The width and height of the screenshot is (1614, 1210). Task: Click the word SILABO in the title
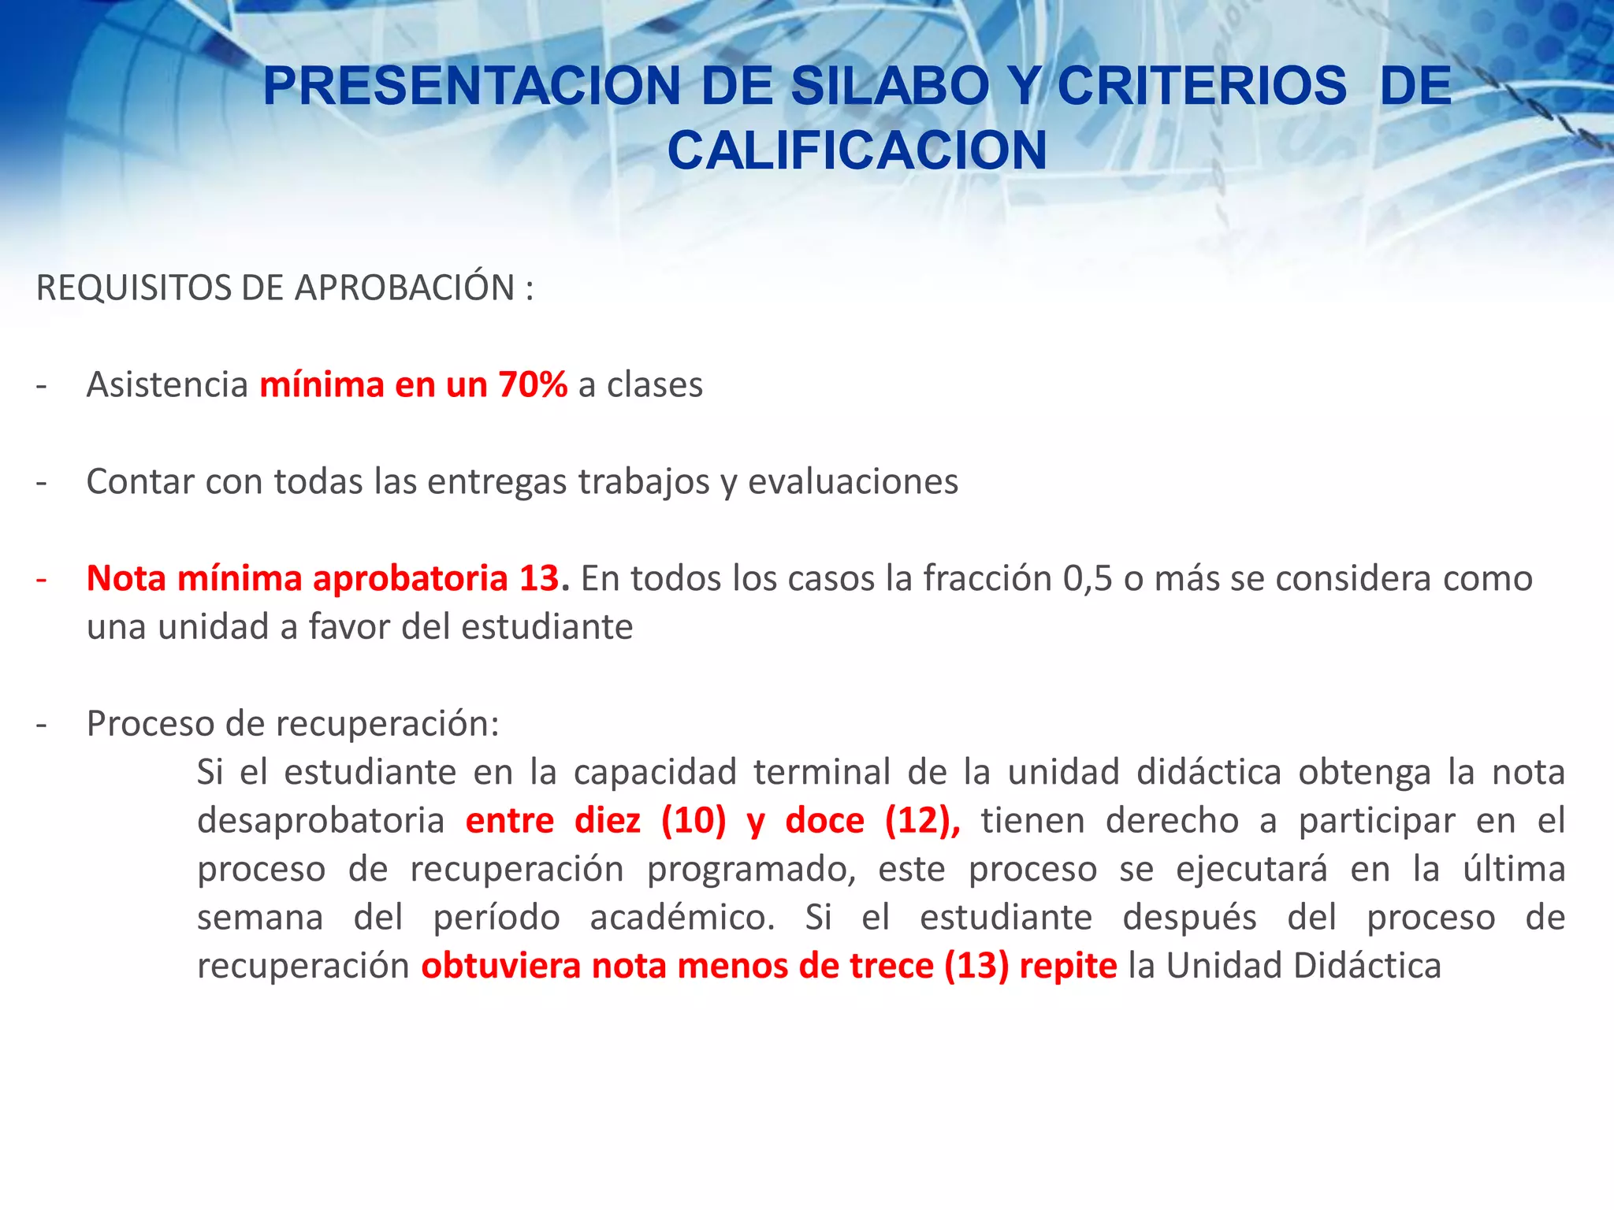[x=890, y=86]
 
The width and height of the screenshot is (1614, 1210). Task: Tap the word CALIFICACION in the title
[x=857, y=150]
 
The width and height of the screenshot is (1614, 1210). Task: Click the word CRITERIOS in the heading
[x=1201, y=86]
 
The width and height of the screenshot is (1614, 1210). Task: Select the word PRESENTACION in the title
[x=471, y=86]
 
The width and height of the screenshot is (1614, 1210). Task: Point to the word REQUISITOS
[x=134, y=288]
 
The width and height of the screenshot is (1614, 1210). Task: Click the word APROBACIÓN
[x=405, y=288]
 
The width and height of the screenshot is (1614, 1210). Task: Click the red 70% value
[x=533, y=385]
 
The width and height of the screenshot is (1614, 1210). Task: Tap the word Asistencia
[x=167, y=385]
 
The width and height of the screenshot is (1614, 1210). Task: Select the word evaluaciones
[x=853, y=482]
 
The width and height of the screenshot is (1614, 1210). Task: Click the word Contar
[x=140, y=482]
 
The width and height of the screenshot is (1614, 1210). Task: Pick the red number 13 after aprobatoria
[x=539, y=579]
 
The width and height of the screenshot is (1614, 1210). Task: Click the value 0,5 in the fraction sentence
[x=1088, y=579]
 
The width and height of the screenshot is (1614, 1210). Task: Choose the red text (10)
[x=694, y=821]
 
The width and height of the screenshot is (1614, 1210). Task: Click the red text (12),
[x=922, y=821]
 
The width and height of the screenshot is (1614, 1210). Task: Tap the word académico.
[x=682, y=918]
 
